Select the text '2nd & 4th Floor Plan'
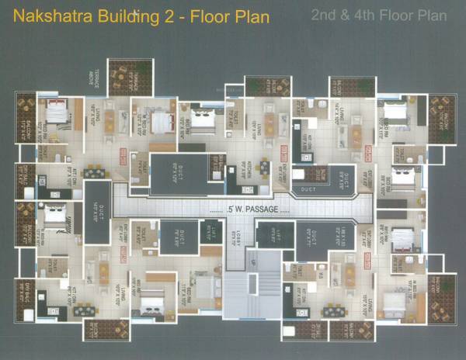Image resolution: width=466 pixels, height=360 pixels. point(378,15)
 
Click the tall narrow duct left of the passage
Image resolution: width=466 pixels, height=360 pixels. point(97,209)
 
